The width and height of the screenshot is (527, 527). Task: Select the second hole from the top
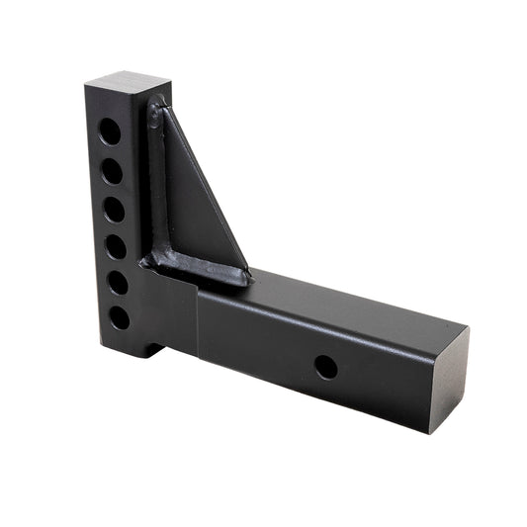click(x=112, y=171)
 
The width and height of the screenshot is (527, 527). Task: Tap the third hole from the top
click(x=114, y=210)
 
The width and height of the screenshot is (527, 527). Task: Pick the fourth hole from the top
click(x=116, y=246)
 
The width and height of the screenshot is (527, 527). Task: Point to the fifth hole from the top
click(x=118, y=283)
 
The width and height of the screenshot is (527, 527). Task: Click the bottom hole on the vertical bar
click(x=120, y=317)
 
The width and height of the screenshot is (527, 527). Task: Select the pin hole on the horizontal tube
click(x=325, y=367)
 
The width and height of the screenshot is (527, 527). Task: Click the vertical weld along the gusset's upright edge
click(x=156, y=178)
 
